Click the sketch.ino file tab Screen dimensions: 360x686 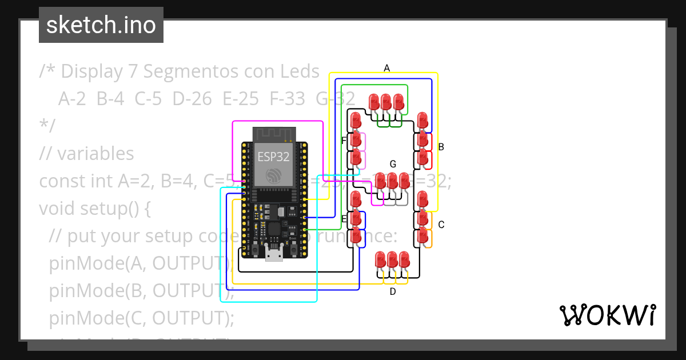pyautogui.click(x=101, y=25)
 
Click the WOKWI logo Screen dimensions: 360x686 pyautogui.click(x=607, y=315)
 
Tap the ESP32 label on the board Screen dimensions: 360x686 pyautogui.click(x=274, y=157)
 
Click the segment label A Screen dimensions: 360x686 pyautogui.click(x=387, y=68)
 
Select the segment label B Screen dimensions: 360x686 pyautogui.click(x=441, y=147)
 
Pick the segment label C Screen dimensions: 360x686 pyautogui.click(x=441, y=225)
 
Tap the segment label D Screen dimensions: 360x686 pyautogui.click(x=393, y=291)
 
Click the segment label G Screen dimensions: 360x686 pyautogui.click(x=393, y=164)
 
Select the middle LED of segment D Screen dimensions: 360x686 pyautogui.click(x=392, y=260)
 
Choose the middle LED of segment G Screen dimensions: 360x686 pyautogui.click(x=393, y=181)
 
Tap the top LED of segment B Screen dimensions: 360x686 pyautogui.click(x=423, y=120)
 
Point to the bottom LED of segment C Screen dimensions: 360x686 pyautogui.click(x=423, y=234)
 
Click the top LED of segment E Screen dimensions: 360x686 pyautogui.click(x=356, y=199)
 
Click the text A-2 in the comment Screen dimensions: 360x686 pyautogui.click(x=72, y=99)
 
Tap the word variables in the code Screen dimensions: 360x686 pyautogui.click(x=95, y=153)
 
